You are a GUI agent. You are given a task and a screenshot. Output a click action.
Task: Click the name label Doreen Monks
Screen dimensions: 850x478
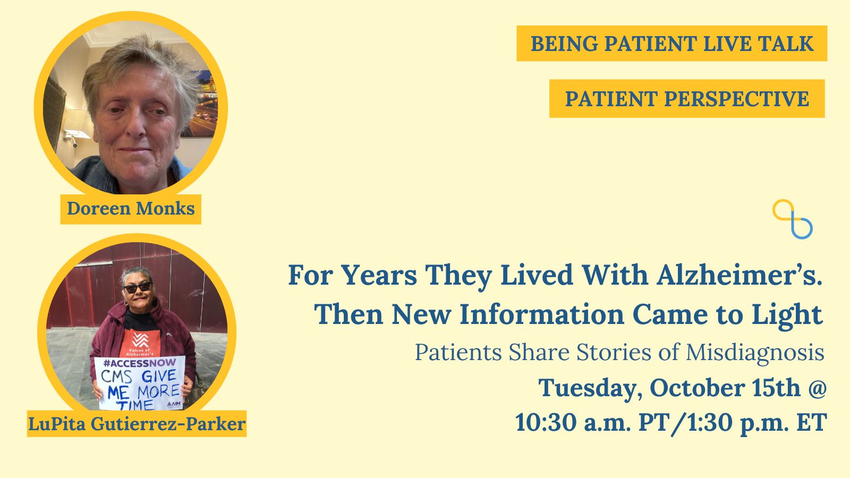[131, 209]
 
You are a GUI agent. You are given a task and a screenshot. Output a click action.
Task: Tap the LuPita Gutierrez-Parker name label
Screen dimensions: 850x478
[137, 424]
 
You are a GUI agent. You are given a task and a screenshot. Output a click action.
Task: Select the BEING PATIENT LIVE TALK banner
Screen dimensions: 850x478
[671, 44]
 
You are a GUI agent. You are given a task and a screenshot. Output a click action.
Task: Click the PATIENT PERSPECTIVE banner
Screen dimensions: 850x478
[687, 99]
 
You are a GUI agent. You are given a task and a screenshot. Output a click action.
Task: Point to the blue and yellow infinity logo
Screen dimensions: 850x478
[792, 219]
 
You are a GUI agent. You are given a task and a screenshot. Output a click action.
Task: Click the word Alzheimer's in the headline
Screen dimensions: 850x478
[739, 275]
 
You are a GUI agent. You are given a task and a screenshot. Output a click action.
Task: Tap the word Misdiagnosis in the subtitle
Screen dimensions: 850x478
[755, 353]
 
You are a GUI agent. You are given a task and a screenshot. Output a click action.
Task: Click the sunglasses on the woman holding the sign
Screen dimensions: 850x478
[138, 287]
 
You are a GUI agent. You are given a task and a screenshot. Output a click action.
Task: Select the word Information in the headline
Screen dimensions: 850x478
[542, 315]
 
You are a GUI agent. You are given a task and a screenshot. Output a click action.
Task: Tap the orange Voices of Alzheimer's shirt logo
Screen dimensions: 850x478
[140, 343]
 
